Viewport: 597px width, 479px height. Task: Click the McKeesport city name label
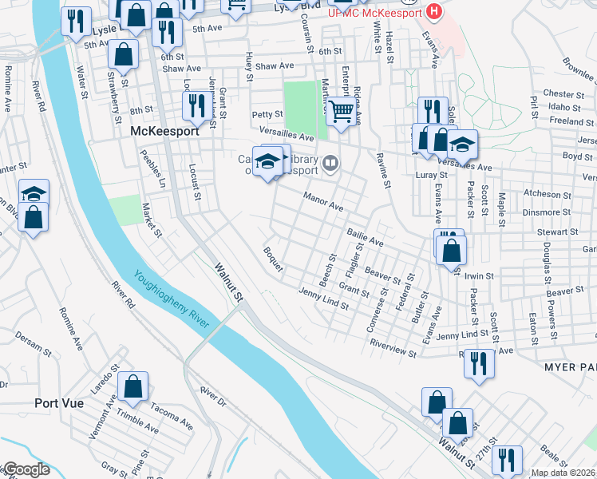click(x=164, y=131)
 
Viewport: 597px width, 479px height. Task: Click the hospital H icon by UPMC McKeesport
click(x=433, y=12)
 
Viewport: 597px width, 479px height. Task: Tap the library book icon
click(x=330, y=165)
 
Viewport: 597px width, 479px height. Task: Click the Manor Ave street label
click(x=323, y=202)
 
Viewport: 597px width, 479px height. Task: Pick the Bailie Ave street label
click(x=365, y=237)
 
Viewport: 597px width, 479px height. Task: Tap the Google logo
click(x=26, y=470)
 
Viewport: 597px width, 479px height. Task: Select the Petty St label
click(x=267, y=115)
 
